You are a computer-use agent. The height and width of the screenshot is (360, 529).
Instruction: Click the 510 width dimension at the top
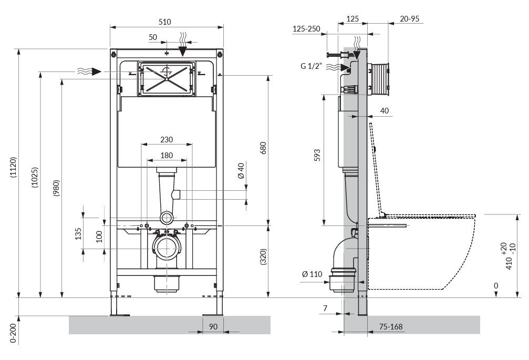tap(164, 22)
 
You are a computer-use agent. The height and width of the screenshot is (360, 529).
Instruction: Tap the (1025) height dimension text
tap(35, 178)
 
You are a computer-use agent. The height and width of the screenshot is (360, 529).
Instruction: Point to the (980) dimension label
tap(56, 188)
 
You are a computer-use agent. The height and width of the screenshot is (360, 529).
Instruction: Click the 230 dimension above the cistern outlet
tap(167, 139)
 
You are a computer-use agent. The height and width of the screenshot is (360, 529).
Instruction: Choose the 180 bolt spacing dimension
tap(167, 155)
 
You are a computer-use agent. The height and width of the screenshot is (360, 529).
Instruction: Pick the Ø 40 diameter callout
tap(241, 171)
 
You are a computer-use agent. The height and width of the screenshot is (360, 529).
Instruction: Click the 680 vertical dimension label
tap(263, 148)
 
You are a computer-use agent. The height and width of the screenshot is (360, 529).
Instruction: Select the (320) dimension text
tap(264, 257)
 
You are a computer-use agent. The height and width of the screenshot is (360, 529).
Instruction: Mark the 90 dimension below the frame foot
tap(213, 326)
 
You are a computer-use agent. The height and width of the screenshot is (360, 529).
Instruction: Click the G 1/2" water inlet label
tap(311, 66)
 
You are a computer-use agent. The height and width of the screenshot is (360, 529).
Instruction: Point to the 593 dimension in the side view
tap(317, 155)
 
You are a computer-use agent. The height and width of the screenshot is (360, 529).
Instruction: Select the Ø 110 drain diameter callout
tap(313, 274)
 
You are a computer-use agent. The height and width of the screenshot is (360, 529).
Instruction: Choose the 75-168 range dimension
tap(391, 326)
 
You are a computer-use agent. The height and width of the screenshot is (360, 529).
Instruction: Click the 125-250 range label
tap(306, 29)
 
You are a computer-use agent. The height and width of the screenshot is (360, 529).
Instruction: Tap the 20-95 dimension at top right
tap(410, 19)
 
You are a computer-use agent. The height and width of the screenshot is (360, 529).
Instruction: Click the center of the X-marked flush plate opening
tap(167, 79)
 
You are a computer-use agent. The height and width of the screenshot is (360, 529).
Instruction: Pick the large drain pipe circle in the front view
tap(167, 248)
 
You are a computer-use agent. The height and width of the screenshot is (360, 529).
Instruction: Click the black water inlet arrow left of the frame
tap(97, 71)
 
